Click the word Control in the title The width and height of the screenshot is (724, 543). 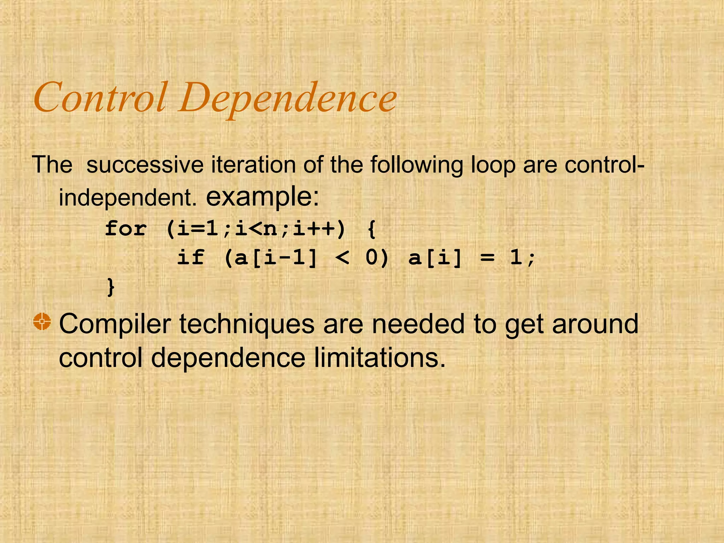coord(100,97)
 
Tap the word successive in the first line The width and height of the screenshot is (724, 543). coord(145,165)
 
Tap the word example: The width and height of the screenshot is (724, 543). coord(262,197)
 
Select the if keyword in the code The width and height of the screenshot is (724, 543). coord(191,257)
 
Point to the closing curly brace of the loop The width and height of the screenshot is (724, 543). coord(111,287)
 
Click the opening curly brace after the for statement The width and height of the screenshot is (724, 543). coord(371,229)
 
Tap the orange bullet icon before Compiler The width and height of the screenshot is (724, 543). coord(42,322)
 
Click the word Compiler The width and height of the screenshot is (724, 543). coord(115,324)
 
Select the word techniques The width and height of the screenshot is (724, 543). coord(247,324)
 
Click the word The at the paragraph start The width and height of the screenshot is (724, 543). coord(52,165)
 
